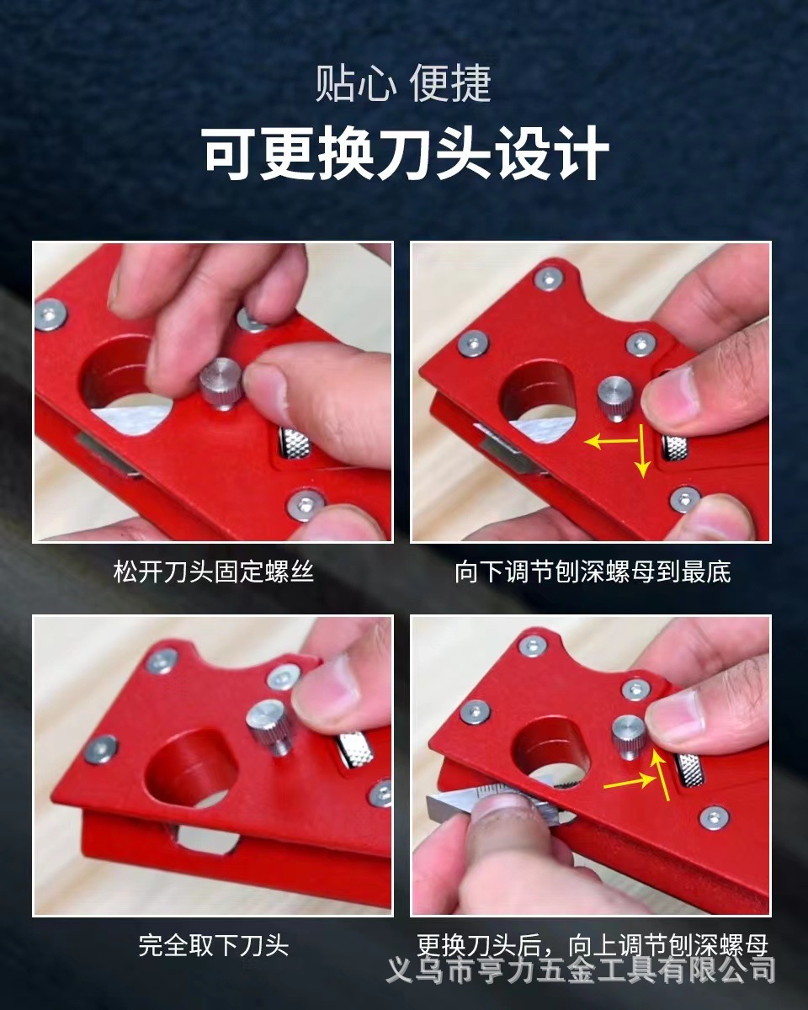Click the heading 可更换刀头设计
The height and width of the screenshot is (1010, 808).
coord(405,153)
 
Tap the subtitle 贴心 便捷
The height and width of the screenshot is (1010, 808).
coord(403,84)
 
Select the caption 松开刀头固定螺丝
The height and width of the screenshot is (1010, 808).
coord(213,572)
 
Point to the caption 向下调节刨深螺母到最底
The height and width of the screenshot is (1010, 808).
coord(593,572)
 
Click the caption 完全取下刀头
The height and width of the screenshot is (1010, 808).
coord(213,945)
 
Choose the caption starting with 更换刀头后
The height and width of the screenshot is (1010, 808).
coord(593,944)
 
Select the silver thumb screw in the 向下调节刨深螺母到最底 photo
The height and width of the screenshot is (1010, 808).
coord(616,396)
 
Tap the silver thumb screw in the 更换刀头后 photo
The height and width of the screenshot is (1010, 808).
coord(630,735)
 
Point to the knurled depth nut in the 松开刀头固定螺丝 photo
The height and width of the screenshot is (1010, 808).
coord(295,443)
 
